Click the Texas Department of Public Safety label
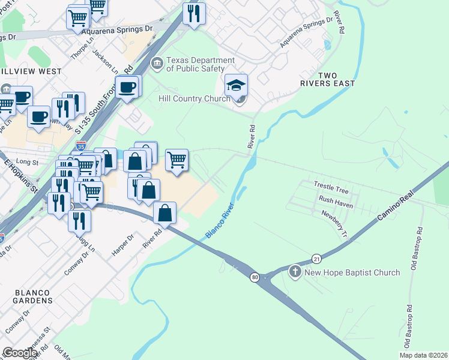pyautogui.click(x=200, y=64)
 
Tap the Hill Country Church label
pyautogui.click(x=194, y=98)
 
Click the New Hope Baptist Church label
pyautogui.click(x=352, y=272)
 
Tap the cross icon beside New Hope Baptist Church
pyautogui.click(x=295, y=272)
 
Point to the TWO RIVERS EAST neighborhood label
pyautogui.click(x=328, y=79)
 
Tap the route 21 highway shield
pyautogui.click(x=316, y=258)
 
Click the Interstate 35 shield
pyautogui.click(x=81, y=145)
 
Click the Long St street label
pyautogui.click(x=27, y=162)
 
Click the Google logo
pyautogui.click(x=20, y=352)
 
